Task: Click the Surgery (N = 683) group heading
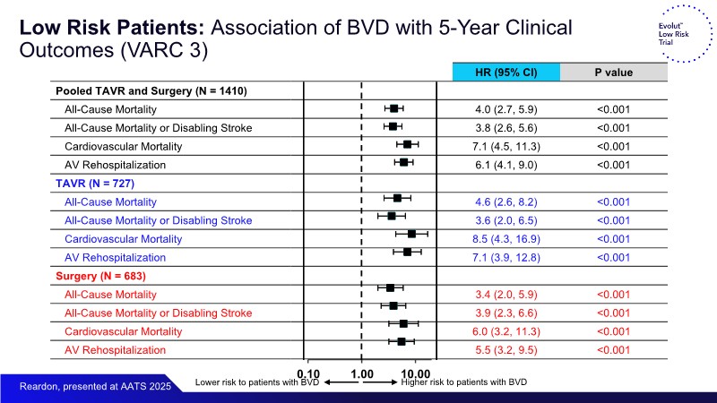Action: (x=100, y=275)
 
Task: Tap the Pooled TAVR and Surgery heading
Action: (x=151, y=90)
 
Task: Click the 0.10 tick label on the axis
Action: (x=308, y=373)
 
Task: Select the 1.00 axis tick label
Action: (x=361, y=373)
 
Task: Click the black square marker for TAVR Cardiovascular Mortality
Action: (x=411, y=234)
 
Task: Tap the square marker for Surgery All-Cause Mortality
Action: (x=390, y=287)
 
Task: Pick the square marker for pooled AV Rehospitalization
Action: (x=403, y=162)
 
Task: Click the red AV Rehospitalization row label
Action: (x=115, y=350)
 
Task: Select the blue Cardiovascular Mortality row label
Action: (x=123, y=239)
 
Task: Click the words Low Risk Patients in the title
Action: (x=88, y=28)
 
